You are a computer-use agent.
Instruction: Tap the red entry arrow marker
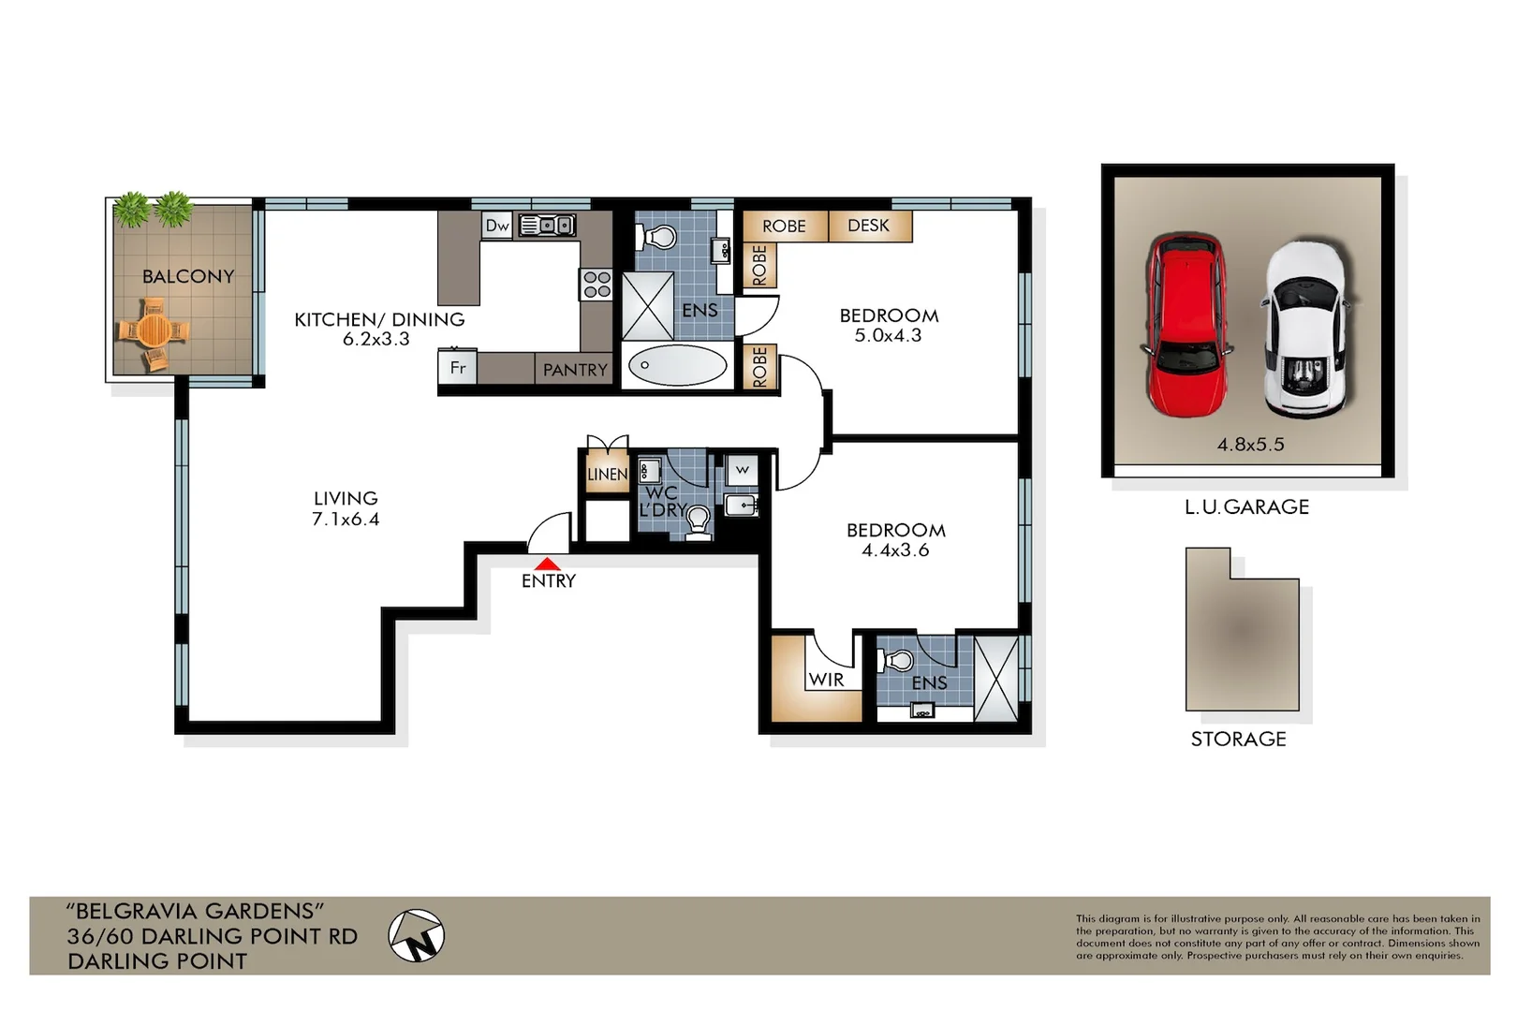tap(547, 564)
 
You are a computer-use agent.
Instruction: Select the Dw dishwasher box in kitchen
tap(497, 226)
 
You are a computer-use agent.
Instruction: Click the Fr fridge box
tap(458, 368)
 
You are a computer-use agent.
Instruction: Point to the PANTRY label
tap(575, 370)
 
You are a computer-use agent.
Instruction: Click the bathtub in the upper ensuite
tap(677, 366)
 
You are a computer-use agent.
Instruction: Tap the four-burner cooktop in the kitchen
tap(596, 285)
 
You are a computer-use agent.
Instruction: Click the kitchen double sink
tap(547, 226)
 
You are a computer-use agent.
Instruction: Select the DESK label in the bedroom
tap(868, 226)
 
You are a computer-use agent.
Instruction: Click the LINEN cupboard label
tap(607, 475)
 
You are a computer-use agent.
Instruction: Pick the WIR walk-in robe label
tap(826, 680)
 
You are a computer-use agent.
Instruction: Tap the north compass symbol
tap(417, 935)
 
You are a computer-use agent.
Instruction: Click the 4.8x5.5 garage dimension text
tap(1250, 445)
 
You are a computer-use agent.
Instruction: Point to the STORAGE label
tap(1238, 739)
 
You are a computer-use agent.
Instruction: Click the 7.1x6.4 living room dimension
tap(346, 520)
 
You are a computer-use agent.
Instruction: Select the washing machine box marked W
tap(743, 470)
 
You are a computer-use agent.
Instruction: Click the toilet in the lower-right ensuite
tap(896, 661)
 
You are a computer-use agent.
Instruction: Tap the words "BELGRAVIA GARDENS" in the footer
tap(195, 911)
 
